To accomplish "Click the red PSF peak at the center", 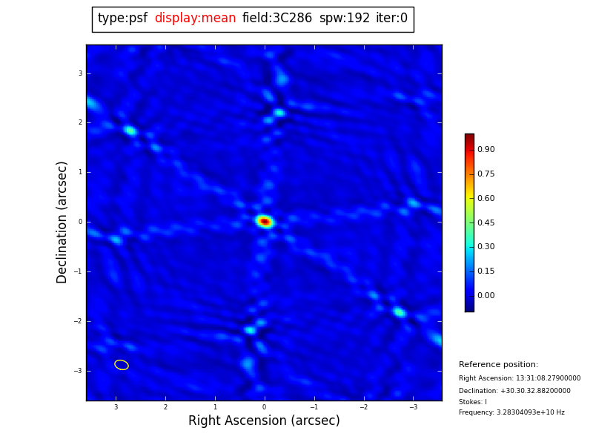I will tap(265, 221).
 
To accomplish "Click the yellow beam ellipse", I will tap(122, 365).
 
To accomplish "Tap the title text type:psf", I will tap(122, 19).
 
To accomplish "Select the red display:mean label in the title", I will tap(195, 19).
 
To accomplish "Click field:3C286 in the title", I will tap(277, 19).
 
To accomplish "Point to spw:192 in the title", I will tap(344, 19).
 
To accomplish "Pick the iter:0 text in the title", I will tap(391, 19).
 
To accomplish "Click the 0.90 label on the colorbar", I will tap(486, 150).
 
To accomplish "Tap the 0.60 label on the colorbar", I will tap(486, 199).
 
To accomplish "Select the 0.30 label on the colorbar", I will tap(486, 247).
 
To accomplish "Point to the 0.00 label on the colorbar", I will tap(486, 296).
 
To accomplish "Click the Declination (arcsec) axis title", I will tap(62, 222).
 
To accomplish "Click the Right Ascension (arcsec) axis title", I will tap(264, 421).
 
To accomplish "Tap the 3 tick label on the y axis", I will tap(80, 73).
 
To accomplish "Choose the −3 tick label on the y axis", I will tap(79, 371).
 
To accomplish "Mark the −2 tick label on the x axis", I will tap(363, 407).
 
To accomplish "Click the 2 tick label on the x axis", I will tap(165, 407).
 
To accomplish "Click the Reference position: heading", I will tap(498, 365).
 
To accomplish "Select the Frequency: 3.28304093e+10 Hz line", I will tap(511, 412).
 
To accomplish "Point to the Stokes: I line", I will tap(473, 402).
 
